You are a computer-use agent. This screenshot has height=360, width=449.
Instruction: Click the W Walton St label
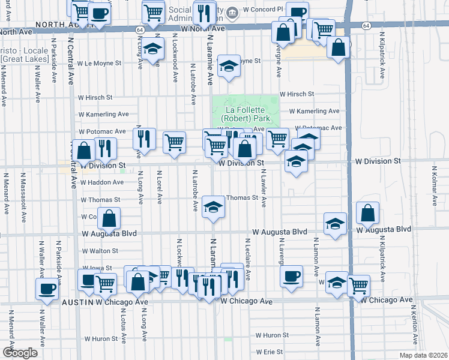pyautogui.click(x=99, y=251)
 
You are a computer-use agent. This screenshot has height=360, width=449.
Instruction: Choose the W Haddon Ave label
pyautogui.click(x=101, y=182)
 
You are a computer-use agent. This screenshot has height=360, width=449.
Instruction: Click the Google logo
pyautogui.click(x=20, y=352)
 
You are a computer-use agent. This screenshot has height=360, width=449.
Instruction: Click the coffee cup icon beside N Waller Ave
pyautogui.click(x=47, y=289)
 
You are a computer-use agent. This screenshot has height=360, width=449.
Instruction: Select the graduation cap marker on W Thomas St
pyautogui.click(x=211, y=207)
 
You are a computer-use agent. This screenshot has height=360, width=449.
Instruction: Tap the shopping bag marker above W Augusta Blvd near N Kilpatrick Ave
pyautogui.click(x=367, y=212)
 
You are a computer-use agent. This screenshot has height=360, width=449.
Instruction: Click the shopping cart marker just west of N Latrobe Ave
pyautogui.click(x=174, y=142)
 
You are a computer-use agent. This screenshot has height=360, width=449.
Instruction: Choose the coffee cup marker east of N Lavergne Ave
pyautogui.click(x=292, y=276)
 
